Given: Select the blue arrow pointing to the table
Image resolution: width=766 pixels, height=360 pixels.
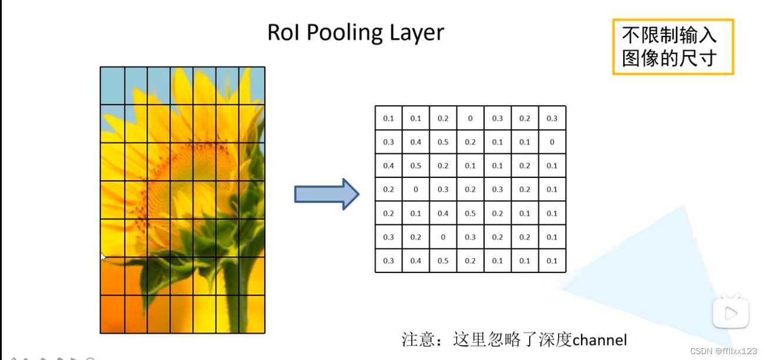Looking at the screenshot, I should [326, 194].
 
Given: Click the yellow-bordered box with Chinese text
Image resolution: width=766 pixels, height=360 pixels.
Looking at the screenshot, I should [673, 47].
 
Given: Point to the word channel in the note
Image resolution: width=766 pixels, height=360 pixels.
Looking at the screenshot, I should [599, 339].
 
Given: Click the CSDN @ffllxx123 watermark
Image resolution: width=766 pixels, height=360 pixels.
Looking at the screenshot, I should [723, 351].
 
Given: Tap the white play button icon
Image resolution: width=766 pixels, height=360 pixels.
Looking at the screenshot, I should [730, 314].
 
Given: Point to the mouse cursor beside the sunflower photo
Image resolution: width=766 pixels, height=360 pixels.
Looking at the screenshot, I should [103, 257].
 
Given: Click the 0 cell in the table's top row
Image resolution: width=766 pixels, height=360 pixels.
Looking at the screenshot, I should [470, 118].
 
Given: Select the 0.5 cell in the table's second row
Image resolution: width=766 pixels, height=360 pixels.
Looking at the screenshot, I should [443, 142].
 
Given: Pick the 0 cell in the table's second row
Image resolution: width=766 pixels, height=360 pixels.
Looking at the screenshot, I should [552, 142].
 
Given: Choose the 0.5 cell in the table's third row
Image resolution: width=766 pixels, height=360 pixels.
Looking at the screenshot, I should [416, 166].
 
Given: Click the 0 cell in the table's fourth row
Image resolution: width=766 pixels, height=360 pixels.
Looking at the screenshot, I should [416, 189].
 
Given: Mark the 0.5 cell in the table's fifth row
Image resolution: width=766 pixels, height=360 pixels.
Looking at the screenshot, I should [470, 213].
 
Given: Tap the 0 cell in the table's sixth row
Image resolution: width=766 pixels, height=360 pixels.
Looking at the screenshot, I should [443, 237].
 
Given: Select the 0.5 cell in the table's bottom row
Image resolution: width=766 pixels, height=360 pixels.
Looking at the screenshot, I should [443, 261].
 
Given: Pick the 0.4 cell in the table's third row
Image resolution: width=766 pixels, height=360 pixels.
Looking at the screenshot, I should [388, 166].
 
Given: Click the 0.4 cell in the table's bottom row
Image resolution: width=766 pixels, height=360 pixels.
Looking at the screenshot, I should [416, 261].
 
